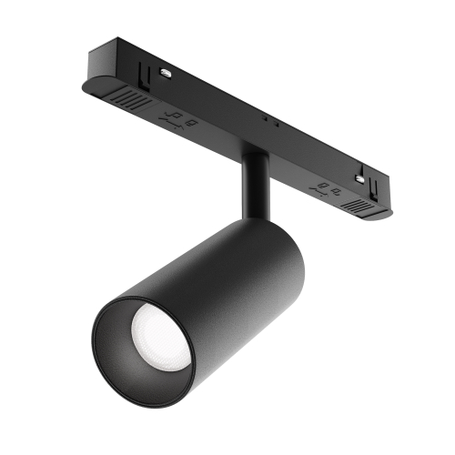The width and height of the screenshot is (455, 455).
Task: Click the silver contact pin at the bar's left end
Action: tap(167, 69)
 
